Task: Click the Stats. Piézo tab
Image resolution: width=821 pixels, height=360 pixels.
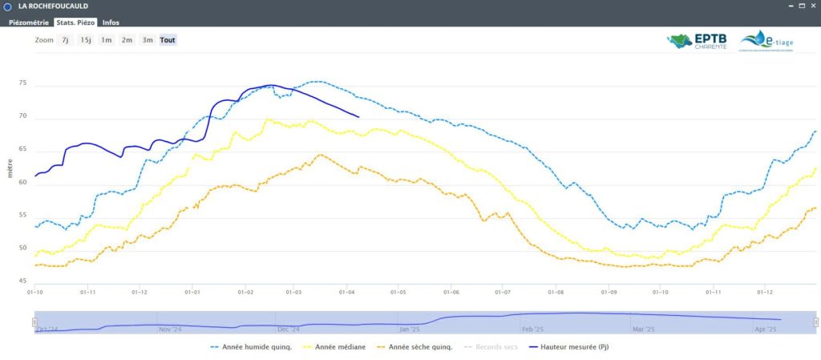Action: pyautogui.click(x=75, y=22)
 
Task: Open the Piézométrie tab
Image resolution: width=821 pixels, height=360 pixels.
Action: pyautogui.click(x=29, y=22)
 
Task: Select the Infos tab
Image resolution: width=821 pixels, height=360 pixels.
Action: pyautogui.click(x=111, y=22)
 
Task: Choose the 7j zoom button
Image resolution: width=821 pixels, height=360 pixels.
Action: pyautogui.click(x=65, y=40)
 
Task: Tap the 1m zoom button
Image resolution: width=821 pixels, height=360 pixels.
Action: pyautogui.click(x=106, y=40)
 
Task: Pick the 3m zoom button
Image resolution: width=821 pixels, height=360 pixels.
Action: pyautogui.click(x=148, y=40)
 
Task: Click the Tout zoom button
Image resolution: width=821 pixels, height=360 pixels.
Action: pyautogui.click(x=168, y=40)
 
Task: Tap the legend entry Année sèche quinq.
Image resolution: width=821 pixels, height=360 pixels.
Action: pyautogui.click(x=415, y=347)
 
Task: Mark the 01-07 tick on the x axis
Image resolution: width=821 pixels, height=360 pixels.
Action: pyautogui.click(x=503, y=292)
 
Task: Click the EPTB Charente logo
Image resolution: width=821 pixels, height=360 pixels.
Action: pyautogui.click(x=698, y=41)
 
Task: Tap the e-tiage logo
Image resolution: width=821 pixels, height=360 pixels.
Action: pyautogui.click(x=766, y=41)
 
